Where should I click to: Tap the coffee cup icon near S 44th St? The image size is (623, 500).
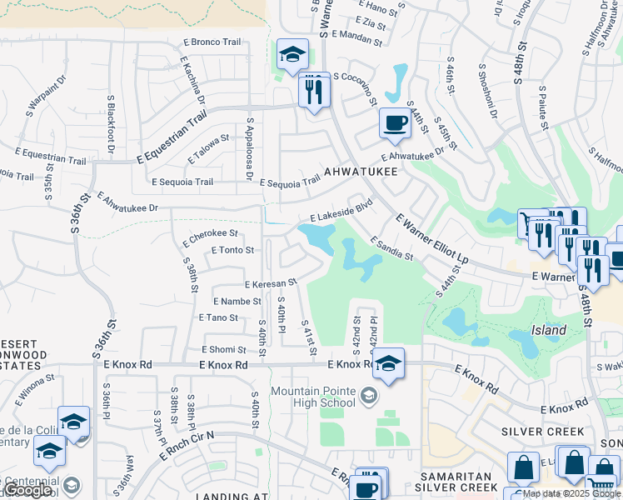395,123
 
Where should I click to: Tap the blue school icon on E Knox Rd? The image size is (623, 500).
387,364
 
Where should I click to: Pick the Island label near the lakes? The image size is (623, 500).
549,330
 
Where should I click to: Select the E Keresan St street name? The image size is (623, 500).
270,284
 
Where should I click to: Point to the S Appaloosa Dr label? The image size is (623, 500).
248,148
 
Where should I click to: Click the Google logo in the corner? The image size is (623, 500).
27,491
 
